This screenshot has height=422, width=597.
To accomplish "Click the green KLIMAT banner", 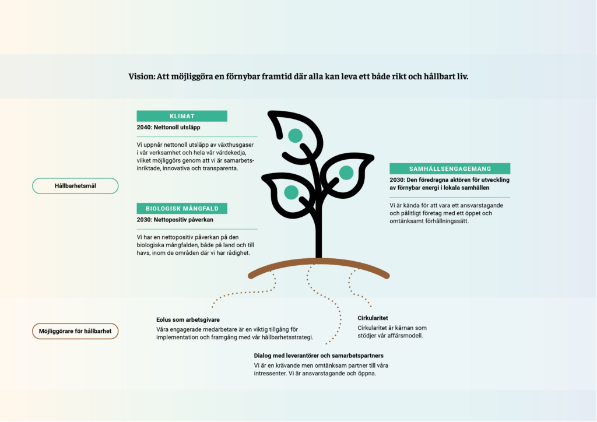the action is click(182, 116).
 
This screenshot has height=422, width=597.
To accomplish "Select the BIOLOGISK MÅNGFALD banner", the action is click(182, 209).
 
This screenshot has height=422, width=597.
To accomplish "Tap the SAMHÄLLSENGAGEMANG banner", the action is click(449, 168).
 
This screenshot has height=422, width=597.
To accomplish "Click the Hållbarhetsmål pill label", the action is click(75, 186).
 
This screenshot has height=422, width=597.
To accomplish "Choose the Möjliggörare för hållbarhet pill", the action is click(75, 331).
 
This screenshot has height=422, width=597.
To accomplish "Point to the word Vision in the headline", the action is click(141, 76).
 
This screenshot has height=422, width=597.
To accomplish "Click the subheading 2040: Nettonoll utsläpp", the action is click(168, 128).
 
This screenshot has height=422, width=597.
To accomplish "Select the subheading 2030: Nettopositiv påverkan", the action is click(175, 220).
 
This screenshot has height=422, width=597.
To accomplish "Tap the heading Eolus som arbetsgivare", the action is click(188, 320).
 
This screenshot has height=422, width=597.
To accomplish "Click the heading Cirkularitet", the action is click(373, 318).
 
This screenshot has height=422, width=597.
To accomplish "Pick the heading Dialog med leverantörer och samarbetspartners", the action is click(319, 356).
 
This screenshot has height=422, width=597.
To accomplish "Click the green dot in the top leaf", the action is click(295, 135).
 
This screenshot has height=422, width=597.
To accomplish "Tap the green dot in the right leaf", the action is click(346, 173).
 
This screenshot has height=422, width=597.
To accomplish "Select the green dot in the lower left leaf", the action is click(292, 192).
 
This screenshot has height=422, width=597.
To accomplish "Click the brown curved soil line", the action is click(319, 262).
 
